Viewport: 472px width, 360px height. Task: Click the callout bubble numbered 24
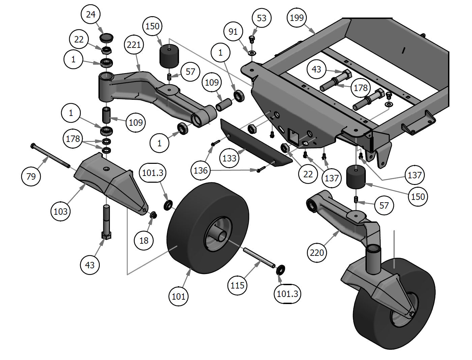91,14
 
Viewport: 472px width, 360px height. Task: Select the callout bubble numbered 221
134,44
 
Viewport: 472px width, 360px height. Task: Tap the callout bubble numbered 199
297,18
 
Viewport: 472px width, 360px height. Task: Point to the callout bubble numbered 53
261,18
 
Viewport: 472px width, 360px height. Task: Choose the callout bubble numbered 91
233,32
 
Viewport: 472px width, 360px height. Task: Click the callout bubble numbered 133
229,158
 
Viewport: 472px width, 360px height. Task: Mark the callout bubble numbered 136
201,170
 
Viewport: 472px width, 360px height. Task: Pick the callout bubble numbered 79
31,176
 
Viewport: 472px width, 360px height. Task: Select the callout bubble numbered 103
61,211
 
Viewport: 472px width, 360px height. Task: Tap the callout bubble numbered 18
144,240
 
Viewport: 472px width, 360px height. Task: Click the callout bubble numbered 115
237,285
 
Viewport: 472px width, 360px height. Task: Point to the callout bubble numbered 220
317,252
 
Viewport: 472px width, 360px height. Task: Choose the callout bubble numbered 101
178,296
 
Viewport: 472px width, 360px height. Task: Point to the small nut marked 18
153,214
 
